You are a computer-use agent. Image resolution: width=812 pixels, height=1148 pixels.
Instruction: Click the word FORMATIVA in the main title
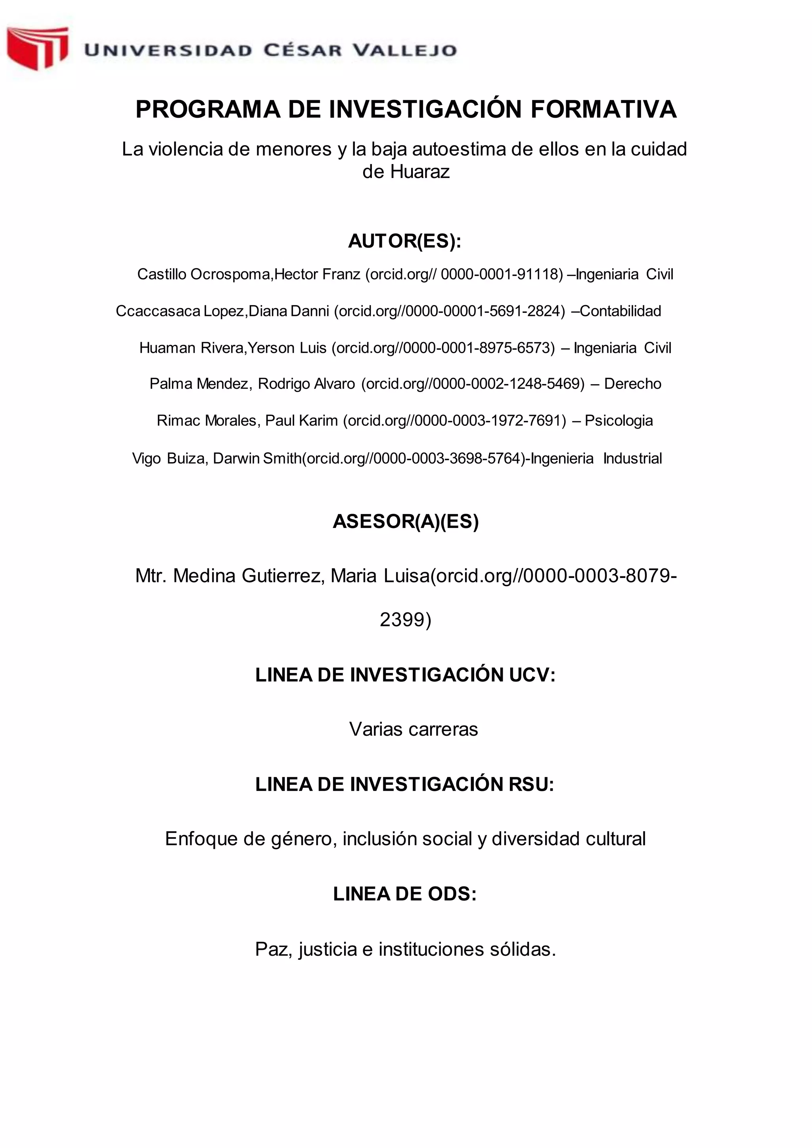tap(603, 109)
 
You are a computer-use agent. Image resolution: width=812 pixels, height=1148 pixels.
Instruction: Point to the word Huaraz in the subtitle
tap(419, 172)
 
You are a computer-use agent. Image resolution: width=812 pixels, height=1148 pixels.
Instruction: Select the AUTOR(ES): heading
tap(405, 241)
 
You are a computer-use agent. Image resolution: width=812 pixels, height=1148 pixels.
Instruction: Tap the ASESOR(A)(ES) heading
tap(406, 522)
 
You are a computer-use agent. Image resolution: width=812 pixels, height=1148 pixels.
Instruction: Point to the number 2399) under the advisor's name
tap(406, 620)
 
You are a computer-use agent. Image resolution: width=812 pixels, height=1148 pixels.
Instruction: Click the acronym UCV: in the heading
tap(532, 675)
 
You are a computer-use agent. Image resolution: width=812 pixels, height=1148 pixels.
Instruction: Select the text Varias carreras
tap(414, 729)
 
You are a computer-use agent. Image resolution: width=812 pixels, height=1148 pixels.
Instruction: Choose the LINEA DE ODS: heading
tap(405, 894)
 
